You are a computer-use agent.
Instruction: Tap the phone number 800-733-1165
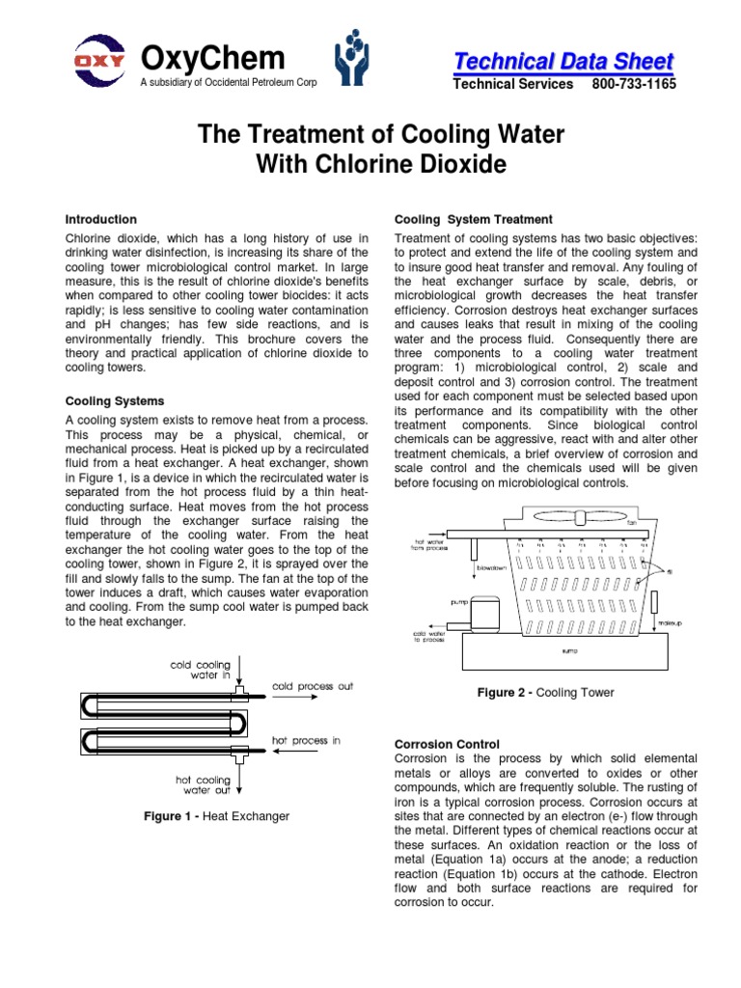point(634,84)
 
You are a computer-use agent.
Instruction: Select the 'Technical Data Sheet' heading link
point(563,62)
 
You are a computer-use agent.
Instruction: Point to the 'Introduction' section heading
point(100,220)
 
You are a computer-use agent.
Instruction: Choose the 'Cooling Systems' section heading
point(114,400)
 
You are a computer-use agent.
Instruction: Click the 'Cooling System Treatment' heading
point(474,220)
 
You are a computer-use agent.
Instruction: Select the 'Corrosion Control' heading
point(448,744)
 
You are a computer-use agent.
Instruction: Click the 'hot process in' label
point(306,741)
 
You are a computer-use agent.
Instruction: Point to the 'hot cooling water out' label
point(202,784)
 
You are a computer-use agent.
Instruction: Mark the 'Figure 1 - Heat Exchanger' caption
point(216,816)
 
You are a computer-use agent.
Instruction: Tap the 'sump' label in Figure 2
point(568,651)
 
